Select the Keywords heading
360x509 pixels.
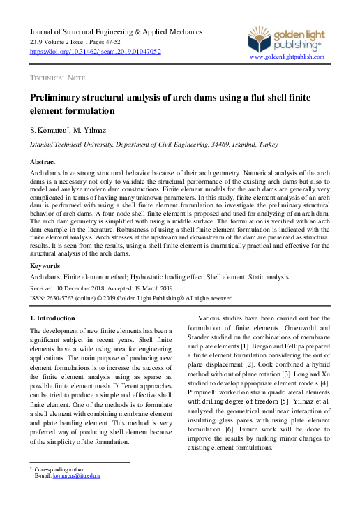(45, 266)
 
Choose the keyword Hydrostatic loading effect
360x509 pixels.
(170, 276)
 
